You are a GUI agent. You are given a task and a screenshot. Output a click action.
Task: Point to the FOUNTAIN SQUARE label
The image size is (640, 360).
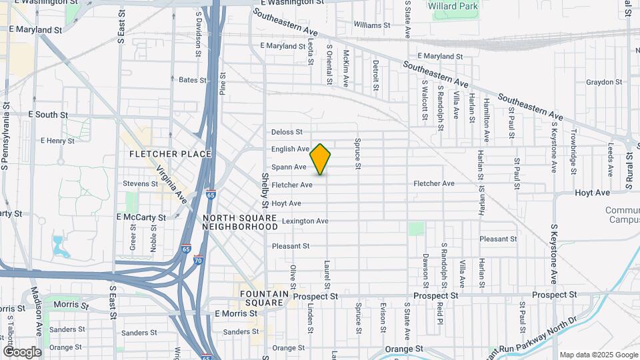(265, 298)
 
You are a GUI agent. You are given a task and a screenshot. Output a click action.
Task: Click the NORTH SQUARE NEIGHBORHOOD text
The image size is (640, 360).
(239, 223)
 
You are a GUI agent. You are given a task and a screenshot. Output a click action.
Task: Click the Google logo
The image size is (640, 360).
(23, 352)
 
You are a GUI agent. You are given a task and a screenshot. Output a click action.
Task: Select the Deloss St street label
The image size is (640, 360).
(287, 132)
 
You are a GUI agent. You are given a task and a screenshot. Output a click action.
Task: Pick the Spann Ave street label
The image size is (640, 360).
(289, 167)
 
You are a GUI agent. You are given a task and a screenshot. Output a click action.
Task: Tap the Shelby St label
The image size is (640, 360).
(265, 190)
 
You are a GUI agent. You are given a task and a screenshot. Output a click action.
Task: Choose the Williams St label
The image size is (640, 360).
(372, 25)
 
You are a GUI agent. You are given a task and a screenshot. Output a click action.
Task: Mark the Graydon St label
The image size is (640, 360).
(604, 83)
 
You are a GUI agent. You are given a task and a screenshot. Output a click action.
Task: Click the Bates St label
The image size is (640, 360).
(193, 80)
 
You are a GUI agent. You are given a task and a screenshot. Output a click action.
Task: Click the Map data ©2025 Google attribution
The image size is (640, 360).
(599, 355)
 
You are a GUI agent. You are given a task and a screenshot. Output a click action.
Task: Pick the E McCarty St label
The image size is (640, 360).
(141, 217)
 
